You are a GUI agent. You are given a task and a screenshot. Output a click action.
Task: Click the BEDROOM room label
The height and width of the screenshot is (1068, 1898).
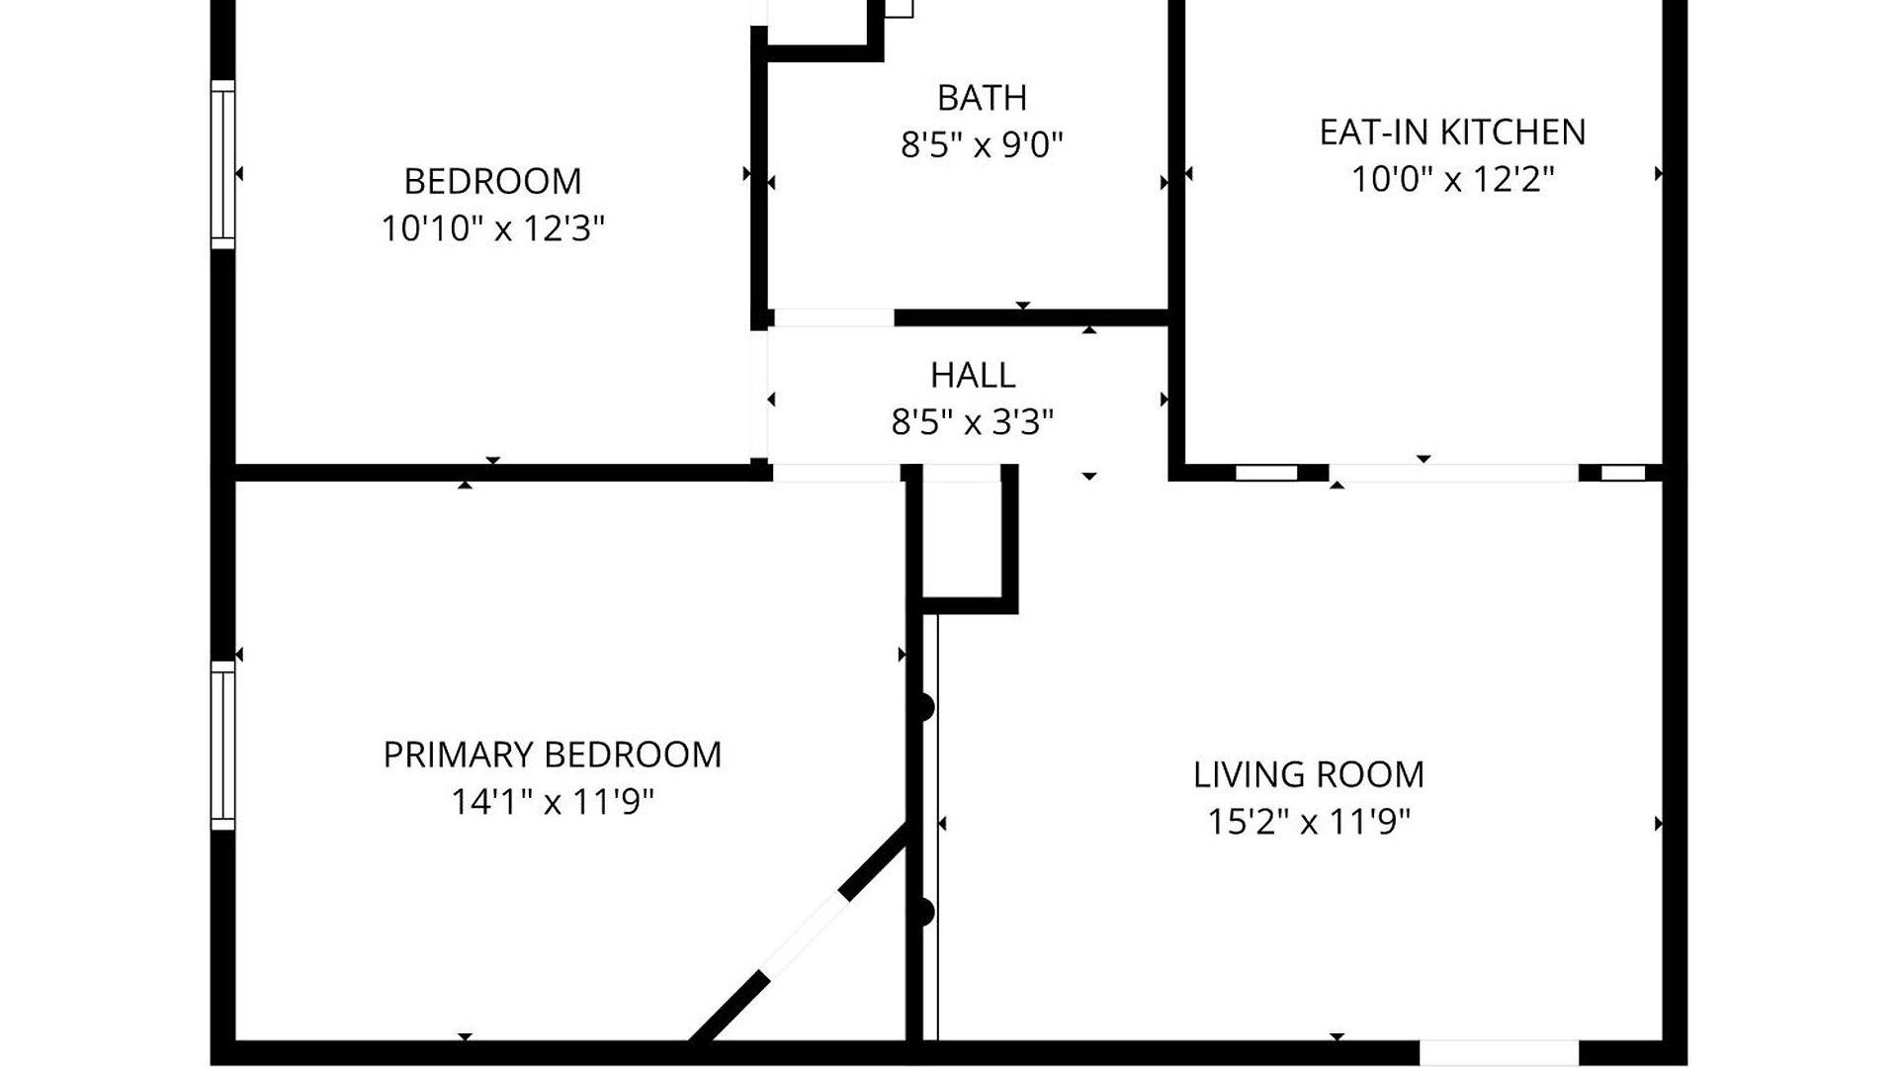pos(492,181)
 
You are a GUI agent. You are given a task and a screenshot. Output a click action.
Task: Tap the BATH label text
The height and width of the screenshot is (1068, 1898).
pos(982,98)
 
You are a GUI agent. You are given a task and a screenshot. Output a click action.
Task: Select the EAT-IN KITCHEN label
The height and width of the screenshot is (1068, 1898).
pos(1452,132)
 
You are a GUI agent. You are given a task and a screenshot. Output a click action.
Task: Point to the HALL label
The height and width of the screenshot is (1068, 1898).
pos(973,375)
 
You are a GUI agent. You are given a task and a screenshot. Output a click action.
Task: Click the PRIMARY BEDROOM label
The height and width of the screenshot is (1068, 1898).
pos(552,755)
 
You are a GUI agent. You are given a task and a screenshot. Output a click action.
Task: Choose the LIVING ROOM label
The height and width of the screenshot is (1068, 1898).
pos(1309,774)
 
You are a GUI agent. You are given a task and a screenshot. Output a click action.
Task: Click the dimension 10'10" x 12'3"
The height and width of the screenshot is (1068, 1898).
pos(492,228)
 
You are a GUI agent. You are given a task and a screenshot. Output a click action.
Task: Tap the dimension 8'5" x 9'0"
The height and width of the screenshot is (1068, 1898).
pos(982,145)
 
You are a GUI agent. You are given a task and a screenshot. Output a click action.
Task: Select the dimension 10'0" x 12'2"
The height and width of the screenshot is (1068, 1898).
pos(1452,179)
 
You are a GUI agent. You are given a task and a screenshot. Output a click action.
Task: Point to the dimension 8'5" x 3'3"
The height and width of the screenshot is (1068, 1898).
pos(973,422)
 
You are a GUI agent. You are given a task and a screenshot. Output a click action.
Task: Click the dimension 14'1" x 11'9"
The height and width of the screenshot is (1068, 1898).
pos(552,802)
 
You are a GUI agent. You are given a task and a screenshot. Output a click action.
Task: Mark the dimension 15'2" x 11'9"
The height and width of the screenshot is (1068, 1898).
pos(1309,822)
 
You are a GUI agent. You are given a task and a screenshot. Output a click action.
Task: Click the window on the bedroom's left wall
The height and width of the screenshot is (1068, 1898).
pos(223,164)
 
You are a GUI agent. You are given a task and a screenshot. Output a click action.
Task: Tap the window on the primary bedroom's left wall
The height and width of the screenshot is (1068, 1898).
pos(223,746)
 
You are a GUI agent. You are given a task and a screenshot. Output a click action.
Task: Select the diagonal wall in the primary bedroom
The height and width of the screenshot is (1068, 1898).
pos(800,933)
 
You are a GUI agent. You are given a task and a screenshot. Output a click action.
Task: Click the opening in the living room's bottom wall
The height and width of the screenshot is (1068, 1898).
pos(1500,1052)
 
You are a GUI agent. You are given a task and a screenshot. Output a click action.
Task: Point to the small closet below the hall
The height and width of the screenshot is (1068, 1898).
pos(964,538)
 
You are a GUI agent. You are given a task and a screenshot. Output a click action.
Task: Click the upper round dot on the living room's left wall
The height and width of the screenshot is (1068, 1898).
pos(922,708)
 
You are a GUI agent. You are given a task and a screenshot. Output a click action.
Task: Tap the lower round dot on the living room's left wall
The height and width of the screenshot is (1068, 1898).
pos(922,912)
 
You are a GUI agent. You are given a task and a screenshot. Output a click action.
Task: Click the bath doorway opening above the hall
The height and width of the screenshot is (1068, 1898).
pos(833,317)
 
